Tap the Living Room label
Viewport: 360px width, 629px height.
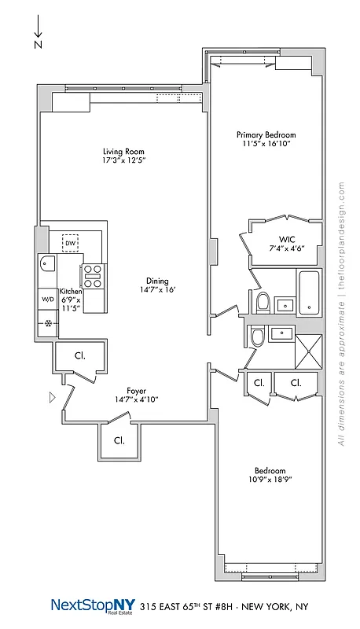point(124,151)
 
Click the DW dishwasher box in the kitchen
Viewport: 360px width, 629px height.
point(70,243)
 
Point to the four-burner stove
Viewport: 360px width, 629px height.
point(93,276)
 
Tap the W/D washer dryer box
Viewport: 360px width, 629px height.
point(47,300)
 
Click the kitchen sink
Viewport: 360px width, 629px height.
point(46,265)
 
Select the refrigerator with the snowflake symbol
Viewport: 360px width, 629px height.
point(47,323)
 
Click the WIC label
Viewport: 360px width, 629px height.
point(286,239)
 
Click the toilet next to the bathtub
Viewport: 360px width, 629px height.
point(264,300)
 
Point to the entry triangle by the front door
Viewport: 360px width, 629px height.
point(53,398)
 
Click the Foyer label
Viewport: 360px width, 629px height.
point(137,390)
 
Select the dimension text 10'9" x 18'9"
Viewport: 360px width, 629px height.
point(270,478)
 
